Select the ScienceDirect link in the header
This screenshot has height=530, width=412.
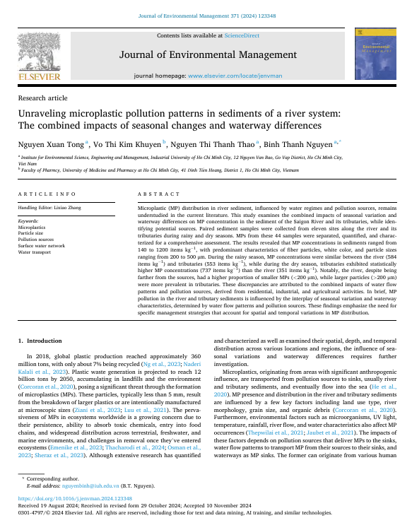pos(241,35)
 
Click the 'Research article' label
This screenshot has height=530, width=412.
pos(42,98)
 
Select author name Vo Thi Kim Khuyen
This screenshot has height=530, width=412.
pos(128,143)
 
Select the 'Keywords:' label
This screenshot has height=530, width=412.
pos(28,221)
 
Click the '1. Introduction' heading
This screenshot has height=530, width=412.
pos(39,341)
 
